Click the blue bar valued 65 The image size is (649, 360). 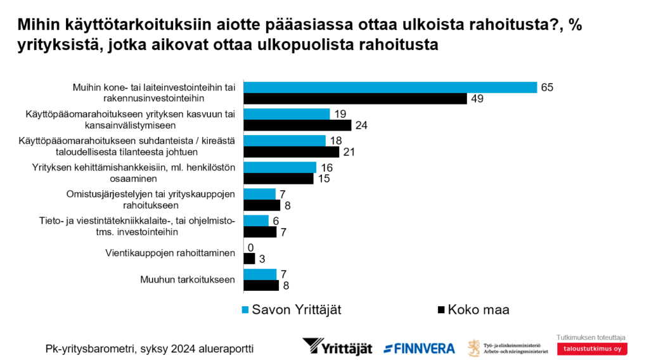[x=390, y=87]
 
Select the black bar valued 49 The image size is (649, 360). [x=356, y=98]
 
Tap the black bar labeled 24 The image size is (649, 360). [x=297, y=125]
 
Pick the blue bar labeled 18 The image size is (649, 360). [x=285, y=141]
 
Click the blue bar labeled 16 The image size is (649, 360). [x=280, y=167]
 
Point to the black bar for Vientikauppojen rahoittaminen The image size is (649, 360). [x=249, y=259]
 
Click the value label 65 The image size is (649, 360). [x=547, y=87]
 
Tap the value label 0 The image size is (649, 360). [x=250, y=248]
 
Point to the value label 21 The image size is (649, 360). [x=349, y=152]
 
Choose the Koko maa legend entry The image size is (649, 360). [x=473, y=310]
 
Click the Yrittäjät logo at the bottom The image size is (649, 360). [x=337, y=347]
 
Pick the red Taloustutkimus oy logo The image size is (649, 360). [x=593, y=349]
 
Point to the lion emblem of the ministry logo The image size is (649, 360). [x=473, y=347]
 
